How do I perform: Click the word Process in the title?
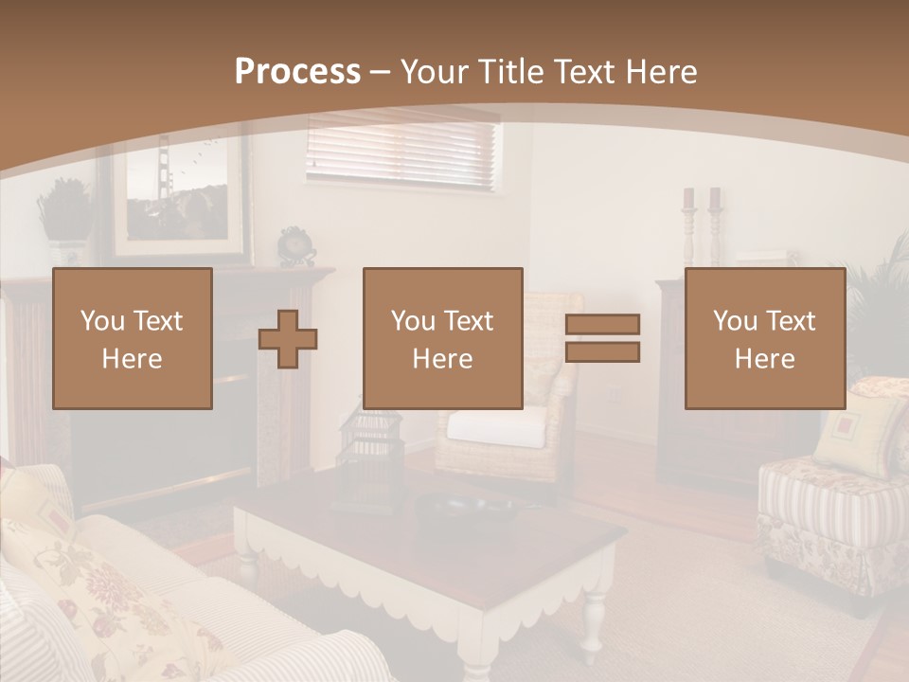click(297, 72)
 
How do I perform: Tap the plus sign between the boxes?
click(288, 339)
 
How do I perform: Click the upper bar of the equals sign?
click(602, 324)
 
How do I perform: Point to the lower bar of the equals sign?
click(602, 352)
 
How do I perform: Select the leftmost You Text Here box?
click(133, 338)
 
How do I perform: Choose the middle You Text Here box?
click(443, 338)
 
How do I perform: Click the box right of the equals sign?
click(765, 338)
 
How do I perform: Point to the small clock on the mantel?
click(296, 245)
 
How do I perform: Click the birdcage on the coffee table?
click(369, 455)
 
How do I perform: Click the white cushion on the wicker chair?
click(496, 426)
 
